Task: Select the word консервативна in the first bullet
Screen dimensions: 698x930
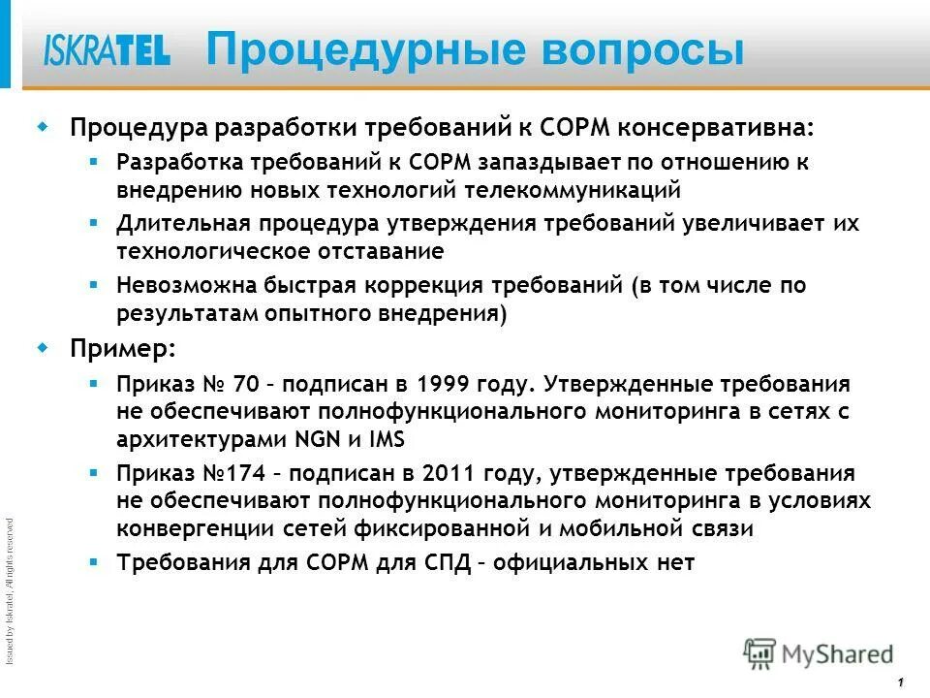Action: (716, 128)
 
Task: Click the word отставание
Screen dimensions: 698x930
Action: (380, 251)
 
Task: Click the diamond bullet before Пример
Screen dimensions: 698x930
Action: (42, 347)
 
